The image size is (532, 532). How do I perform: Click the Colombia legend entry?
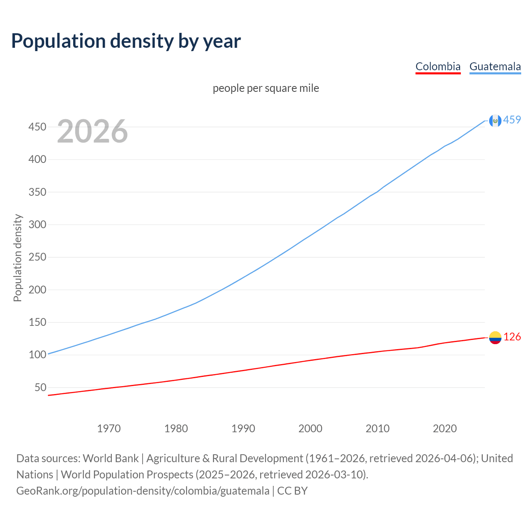438,66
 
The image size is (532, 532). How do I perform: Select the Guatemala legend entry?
495,66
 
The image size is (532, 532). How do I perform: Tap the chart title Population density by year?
126,41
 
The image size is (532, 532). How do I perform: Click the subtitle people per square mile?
266,88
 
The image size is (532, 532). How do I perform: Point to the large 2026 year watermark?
92,131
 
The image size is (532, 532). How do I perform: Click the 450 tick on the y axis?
37,127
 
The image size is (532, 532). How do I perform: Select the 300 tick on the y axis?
37,224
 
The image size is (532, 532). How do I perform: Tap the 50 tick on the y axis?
40,387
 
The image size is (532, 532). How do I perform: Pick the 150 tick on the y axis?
37,322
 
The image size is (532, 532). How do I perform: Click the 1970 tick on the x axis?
109,429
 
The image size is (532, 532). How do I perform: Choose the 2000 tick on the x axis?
310,429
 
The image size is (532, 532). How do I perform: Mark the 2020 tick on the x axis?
445,429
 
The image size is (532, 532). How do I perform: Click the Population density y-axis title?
17,258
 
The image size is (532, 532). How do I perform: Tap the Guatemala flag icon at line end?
495,121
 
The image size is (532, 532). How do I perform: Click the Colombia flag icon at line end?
495,337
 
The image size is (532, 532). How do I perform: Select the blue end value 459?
512,120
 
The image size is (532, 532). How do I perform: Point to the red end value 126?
512,337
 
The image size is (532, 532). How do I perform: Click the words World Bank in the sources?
111,458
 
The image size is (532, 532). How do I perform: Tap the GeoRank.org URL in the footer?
143,491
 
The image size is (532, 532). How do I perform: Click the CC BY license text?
292,491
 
